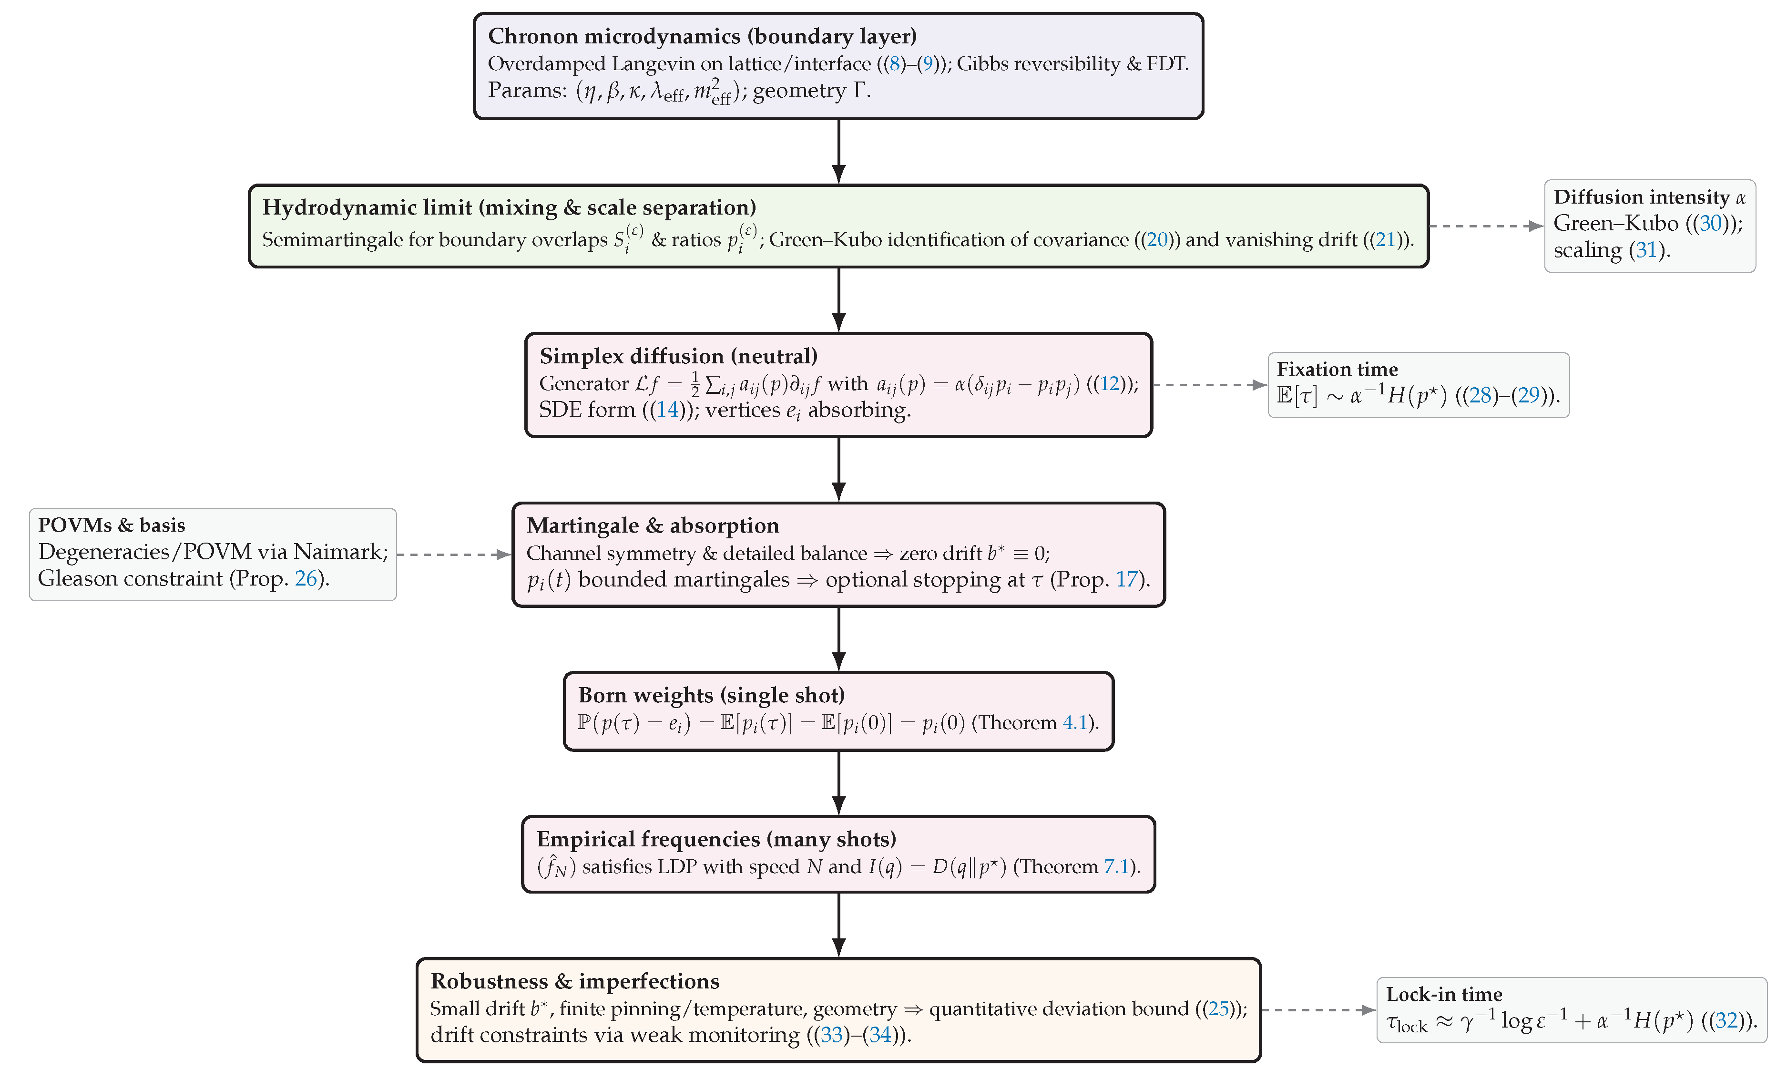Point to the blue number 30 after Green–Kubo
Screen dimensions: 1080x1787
point(1710,224)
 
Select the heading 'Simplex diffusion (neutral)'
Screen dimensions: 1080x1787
point(678,356)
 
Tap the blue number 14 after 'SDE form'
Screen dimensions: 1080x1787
point(667,411)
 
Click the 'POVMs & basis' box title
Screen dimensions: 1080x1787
point(111,525)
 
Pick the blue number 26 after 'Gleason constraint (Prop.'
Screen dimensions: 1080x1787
point(306,579)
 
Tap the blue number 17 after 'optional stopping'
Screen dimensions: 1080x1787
point(1126,579)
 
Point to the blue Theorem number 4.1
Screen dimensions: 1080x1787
point(1075,723)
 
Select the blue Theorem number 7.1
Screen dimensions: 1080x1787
point(1116,867)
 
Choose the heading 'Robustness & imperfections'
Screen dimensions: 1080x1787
point(574,981)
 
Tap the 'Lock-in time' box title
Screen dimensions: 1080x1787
point(1443,995)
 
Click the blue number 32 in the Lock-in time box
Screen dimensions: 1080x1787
point(1727,1021)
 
